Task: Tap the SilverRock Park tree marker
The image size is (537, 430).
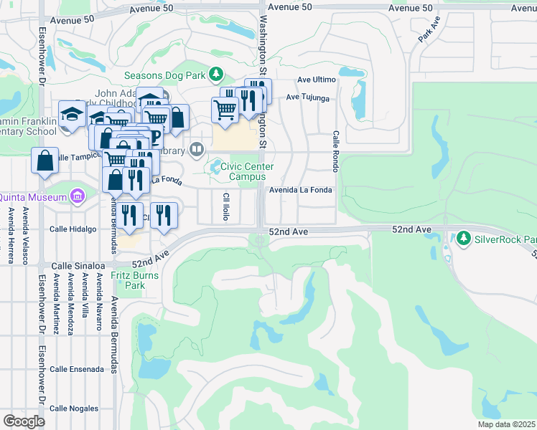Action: (x=464, y=238)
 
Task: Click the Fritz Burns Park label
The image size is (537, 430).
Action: (x=129, y=280)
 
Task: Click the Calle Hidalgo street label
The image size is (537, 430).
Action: (x=73, y=229)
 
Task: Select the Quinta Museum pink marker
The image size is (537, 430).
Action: (x=78, y=196)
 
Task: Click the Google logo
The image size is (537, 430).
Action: (x=24, y=421)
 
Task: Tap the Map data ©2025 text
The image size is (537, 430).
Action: (x=505, y=424)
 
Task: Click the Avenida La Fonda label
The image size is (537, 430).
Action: (x=301, y=190)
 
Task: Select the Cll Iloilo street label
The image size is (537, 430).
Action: (x=226, y=206)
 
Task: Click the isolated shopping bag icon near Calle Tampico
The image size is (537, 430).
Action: (x=45, y=161)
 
